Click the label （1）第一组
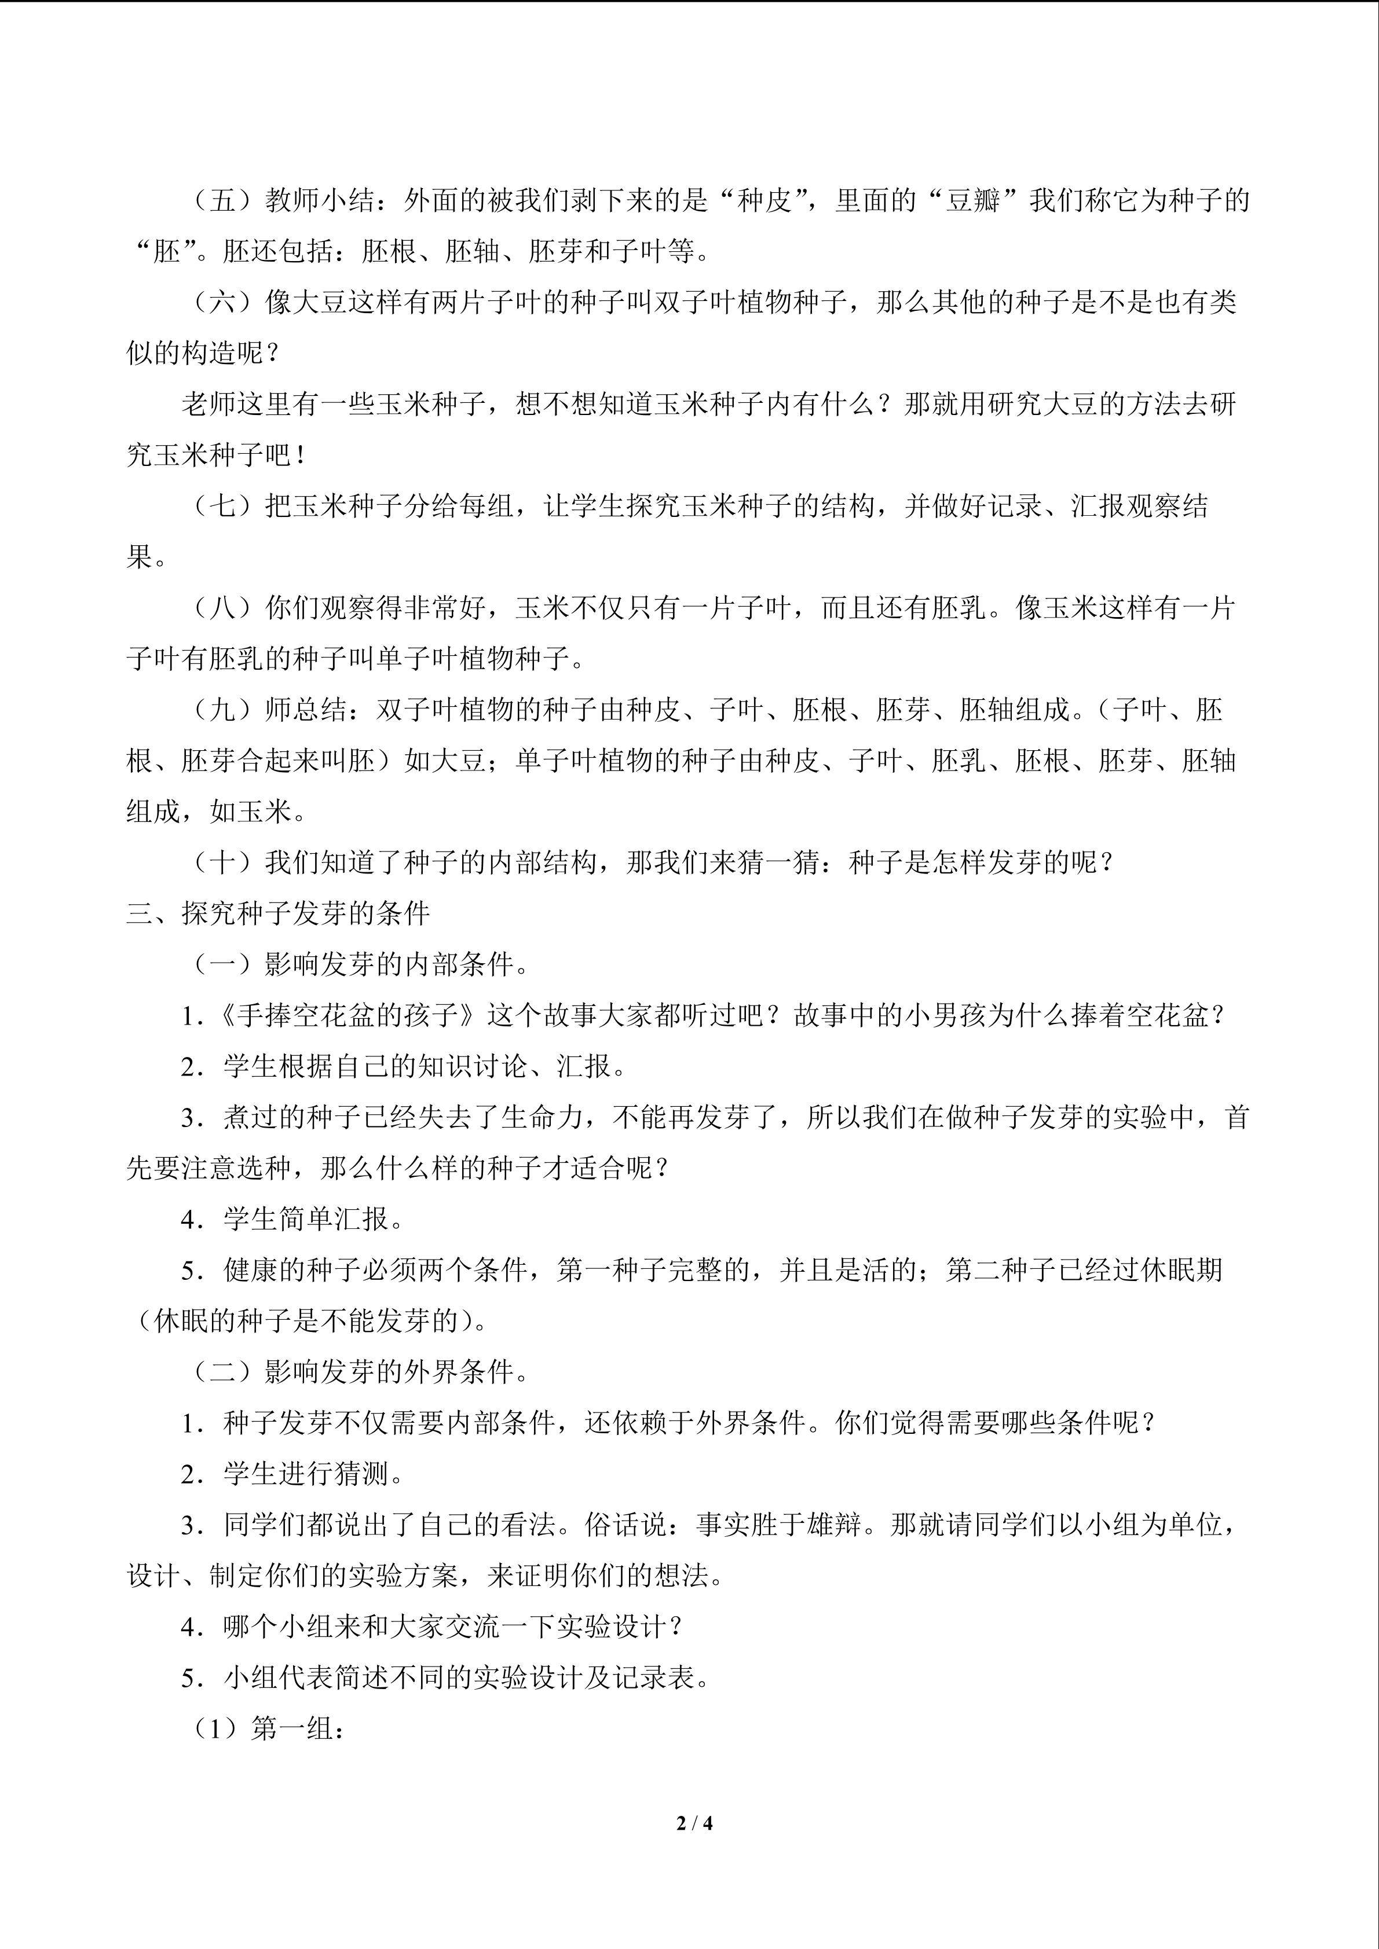coord(264,1728)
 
